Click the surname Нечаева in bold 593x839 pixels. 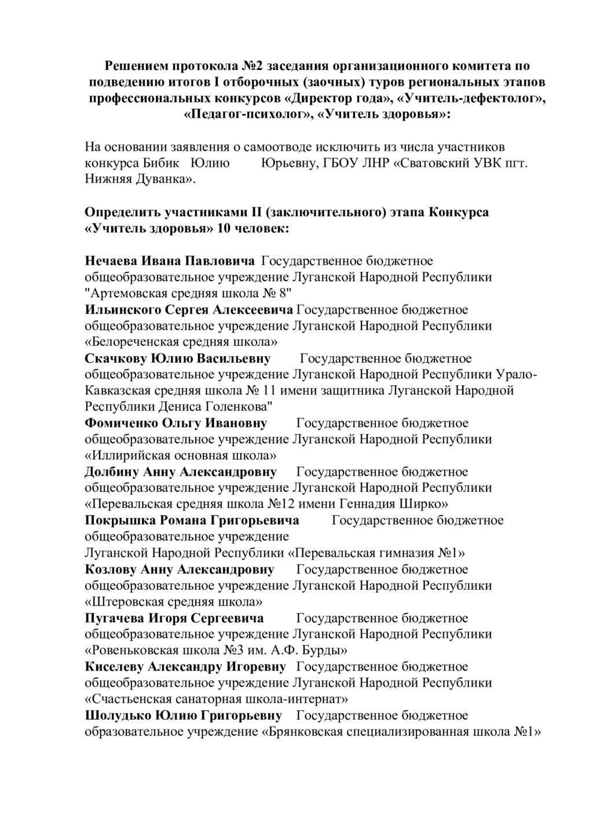click(111, 261)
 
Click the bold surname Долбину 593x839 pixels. click(111, 472)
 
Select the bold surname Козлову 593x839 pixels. click(111, 569)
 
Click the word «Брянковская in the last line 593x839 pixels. click(303, 731)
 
